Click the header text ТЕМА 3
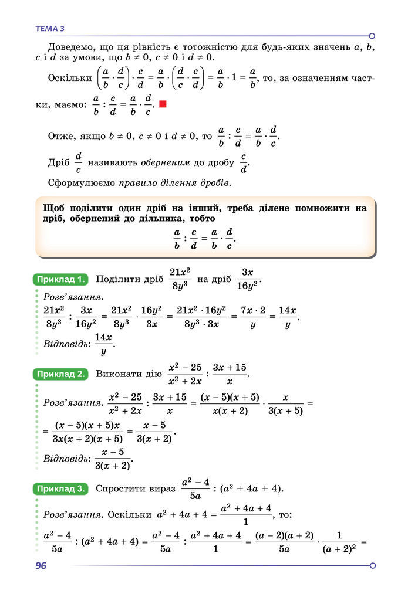click(50, 28)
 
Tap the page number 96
click(41, 565)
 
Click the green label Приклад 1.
click(61, 279)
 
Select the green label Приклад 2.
click(61, 374)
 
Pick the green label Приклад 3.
click(61, 488)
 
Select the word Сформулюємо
click(82, 182)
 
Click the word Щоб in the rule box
click(55, 208)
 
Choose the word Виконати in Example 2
click(118, 374)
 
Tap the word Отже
click(61, 136)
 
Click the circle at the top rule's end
click(372, 36)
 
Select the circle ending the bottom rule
click(372, 565)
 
